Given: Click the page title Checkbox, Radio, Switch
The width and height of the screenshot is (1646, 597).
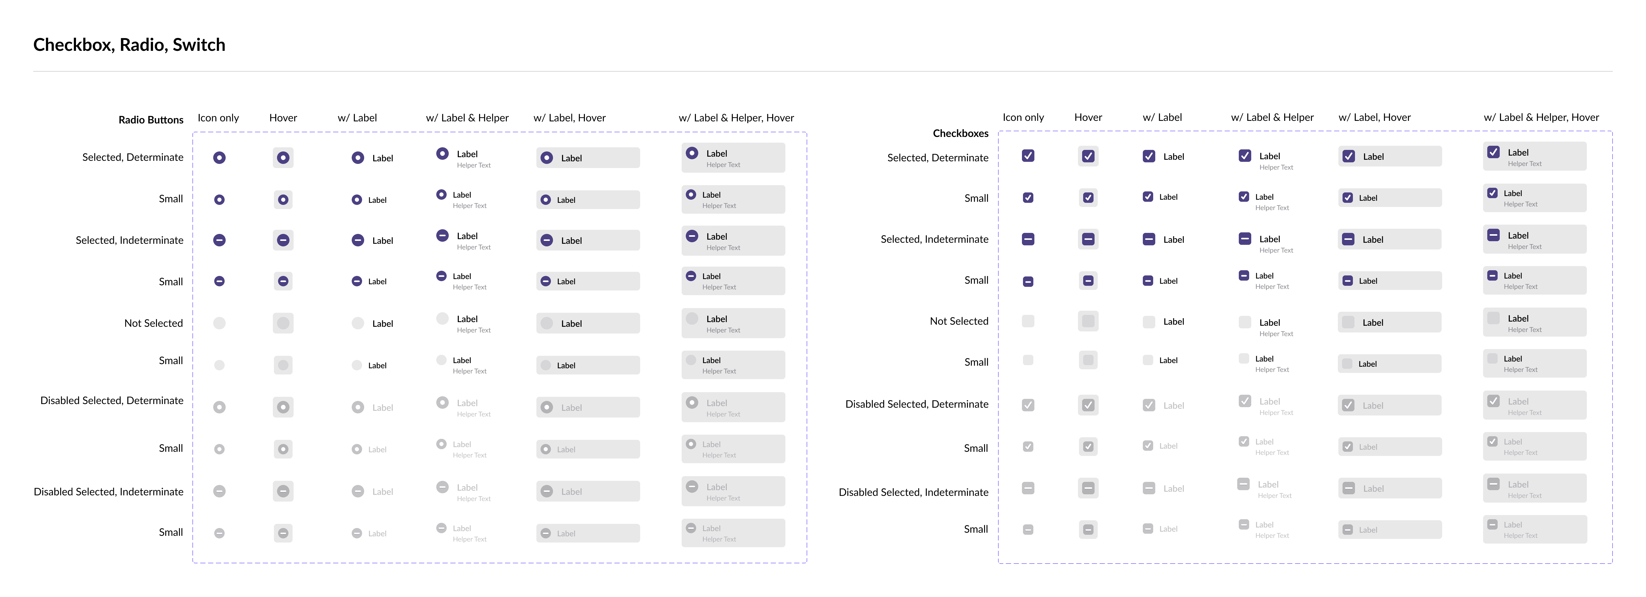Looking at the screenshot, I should (x=129, y=45).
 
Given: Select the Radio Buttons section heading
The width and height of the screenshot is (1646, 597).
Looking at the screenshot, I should (x=151, y=120).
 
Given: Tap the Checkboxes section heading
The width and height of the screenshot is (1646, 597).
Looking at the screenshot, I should (x=960, y=133).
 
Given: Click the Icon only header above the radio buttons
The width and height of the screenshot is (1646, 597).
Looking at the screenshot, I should (x=218, y=117).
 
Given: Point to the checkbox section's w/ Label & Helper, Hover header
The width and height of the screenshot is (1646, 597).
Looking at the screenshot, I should (x=1541, y=117).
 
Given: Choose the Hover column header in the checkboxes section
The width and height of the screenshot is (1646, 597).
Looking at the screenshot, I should (x=1088, y=117).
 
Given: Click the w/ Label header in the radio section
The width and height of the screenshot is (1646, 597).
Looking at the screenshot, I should (x=357, y=117).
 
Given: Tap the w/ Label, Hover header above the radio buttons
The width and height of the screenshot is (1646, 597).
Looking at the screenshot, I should (x=569, y=117).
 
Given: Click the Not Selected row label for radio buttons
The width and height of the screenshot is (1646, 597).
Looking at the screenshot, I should (x=153, y=323).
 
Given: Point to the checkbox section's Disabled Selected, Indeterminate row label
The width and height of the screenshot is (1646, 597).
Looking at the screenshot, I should (x=913, y=492).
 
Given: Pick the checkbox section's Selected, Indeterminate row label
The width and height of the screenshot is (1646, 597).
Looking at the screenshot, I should (x=934, y=239).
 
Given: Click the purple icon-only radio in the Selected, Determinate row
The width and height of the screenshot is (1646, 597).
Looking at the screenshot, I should (x=219, y=157).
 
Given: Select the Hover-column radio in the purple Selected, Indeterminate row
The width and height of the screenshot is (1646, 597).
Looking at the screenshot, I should (x=283, y=240).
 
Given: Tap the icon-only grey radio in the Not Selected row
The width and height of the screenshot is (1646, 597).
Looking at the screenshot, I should (x=219, y=323).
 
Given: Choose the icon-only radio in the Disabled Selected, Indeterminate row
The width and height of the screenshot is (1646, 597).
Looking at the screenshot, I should (x=219, y=491).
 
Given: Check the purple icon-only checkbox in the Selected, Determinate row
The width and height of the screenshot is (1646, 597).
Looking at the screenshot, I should (x=1027, y=155).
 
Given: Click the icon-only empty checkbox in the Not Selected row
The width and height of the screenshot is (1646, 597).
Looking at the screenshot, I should (x=1027, y=321).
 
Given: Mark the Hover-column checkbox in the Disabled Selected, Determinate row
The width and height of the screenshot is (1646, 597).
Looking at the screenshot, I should (x=1088, y=405).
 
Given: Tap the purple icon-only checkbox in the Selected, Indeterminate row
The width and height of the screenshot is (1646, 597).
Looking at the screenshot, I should (x=1027, y=239).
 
